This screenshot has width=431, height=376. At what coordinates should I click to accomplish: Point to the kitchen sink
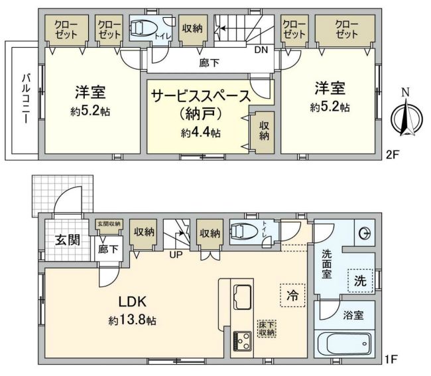[241, 294]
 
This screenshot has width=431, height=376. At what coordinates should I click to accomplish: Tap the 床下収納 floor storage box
[267, 328]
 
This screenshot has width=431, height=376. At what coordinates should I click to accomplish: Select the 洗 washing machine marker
[359, 280]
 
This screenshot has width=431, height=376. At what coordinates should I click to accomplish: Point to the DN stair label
[261, 50]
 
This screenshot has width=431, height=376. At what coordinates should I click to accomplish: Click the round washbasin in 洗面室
[363, 233]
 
